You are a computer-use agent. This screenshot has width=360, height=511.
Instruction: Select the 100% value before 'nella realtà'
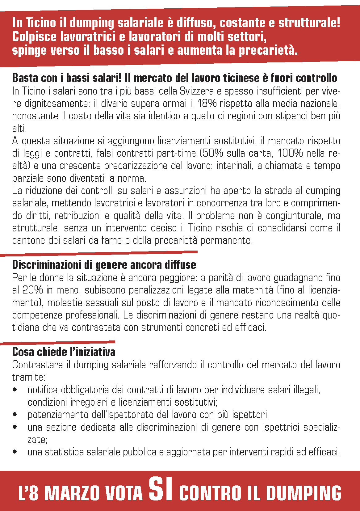[x=291, y=153]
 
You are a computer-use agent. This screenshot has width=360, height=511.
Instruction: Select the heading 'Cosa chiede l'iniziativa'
[x=64, y=352]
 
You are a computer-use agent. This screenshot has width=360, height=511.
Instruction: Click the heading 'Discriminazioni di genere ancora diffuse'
[x=104, y=265]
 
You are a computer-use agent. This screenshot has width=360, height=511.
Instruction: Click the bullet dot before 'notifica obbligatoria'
[x=15, y=390]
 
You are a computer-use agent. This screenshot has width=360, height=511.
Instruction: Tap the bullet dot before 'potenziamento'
[x=15, y=415]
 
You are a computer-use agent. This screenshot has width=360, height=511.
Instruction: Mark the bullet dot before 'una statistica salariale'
[x=15, y=452]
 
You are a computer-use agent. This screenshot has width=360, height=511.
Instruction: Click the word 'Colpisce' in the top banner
[x=34, y=37]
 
